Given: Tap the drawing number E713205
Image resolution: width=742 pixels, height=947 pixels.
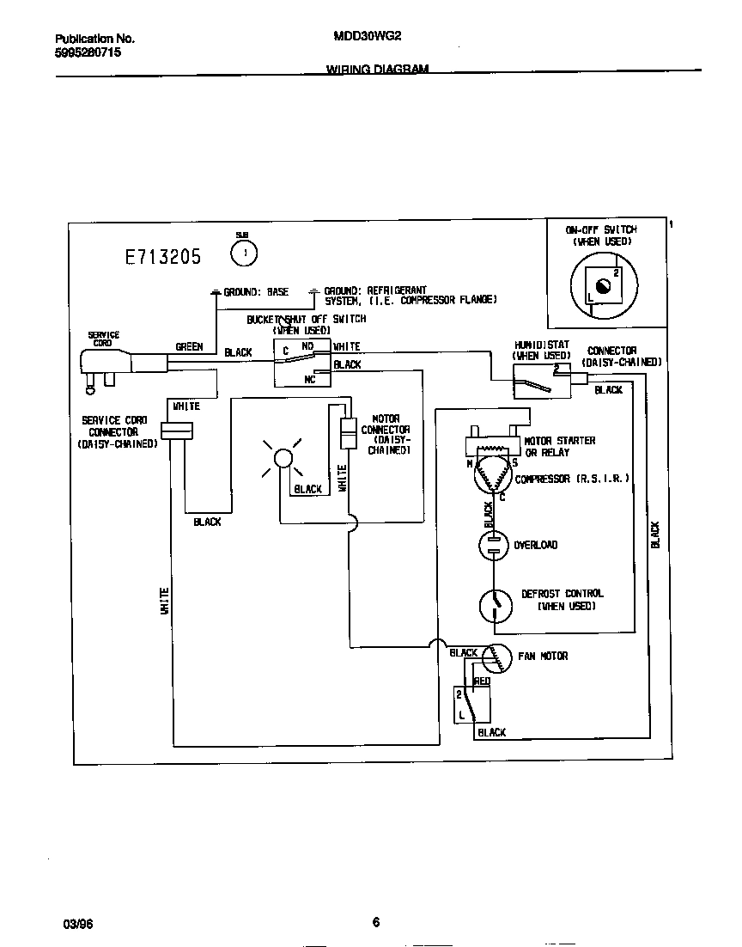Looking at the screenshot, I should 162,256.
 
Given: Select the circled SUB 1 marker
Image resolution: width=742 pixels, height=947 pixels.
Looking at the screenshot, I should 245,253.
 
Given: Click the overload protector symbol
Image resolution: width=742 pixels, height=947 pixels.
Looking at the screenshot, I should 493,545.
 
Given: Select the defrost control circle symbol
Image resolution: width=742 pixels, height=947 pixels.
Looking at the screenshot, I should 496,605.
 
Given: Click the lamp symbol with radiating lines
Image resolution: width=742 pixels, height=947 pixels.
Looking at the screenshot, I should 283,459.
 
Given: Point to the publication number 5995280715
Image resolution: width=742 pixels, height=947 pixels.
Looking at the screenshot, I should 88,52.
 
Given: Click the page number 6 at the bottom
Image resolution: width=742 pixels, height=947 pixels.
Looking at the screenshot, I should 376,922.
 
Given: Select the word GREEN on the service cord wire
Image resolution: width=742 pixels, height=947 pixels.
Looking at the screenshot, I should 189,347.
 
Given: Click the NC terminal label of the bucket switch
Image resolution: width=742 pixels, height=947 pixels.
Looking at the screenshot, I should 309,379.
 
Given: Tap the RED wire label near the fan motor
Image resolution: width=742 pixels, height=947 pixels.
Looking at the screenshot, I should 482,681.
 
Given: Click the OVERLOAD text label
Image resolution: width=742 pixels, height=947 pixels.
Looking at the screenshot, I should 535,545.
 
